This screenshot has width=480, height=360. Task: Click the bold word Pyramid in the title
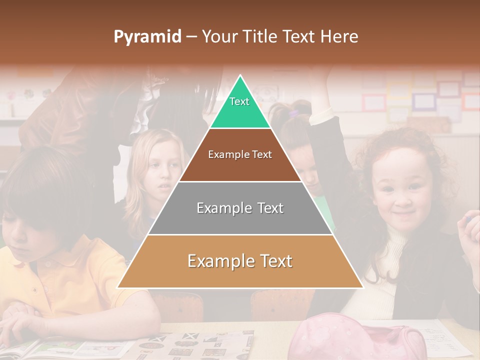click(x=147, y=37)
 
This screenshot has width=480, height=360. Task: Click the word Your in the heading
click(x=220, y=37)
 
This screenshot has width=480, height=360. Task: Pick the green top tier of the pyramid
click(x=240, y=107)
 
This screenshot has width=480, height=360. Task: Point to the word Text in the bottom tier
click(x=275, y=261)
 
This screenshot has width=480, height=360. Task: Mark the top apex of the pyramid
click(x=240, y=76)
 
